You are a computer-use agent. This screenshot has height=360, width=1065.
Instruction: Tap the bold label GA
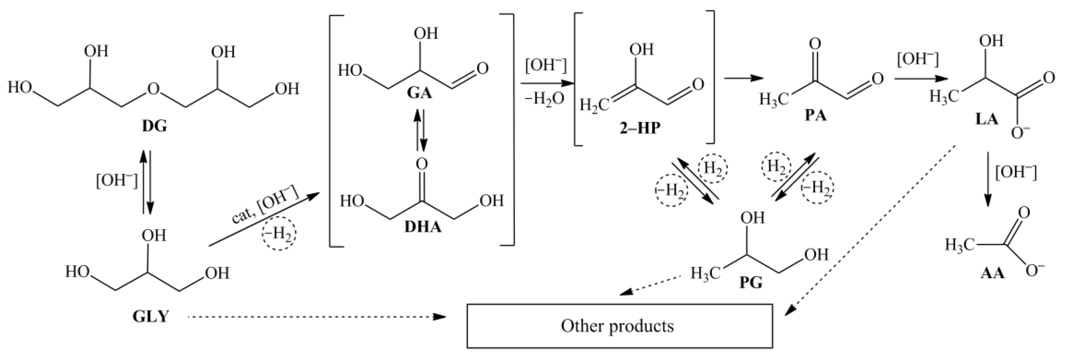(419, 93)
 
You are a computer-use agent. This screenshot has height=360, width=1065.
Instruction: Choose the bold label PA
(815, 116)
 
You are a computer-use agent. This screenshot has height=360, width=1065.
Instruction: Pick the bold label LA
(986, 119)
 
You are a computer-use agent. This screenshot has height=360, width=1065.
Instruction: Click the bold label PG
(750, 283)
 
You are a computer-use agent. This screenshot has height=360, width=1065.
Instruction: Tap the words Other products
(617, 326)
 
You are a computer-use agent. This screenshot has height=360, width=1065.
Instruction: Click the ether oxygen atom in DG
(153, 89)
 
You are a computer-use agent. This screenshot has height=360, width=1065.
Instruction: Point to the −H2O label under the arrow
(544, 99)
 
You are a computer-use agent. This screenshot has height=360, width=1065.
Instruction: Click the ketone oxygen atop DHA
(422, 164)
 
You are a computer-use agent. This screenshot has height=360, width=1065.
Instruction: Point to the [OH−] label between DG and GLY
(117, 181)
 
